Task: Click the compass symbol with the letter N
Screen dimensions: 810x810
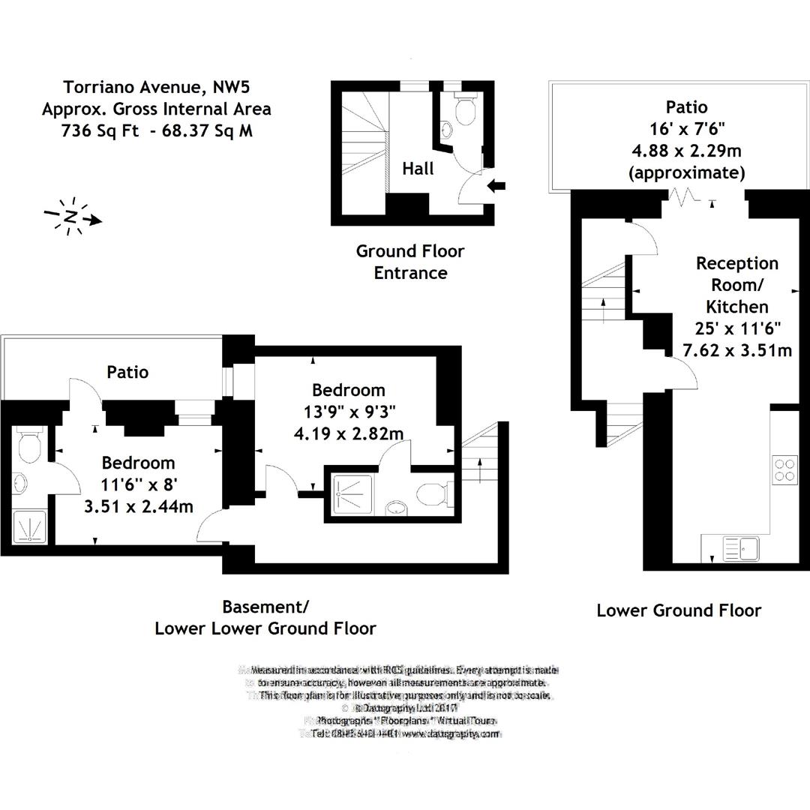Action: (x=72, y=217)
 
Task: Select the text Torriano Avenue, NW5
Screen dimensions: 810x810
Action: (x=156, y=86)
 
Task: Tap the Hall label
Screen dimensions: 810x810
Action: (x=418, y=169)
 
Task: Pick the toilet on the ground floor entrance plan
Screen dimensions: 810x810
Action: (x=465, y=109)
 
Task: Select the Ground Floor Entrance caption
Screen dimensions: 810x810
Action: (x=410, y=262)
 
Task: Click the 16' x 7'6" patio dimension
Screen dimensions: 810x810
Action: (x=686, y=129)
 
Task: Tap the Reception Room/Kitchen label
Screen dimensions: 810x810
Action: (x=737, y=285)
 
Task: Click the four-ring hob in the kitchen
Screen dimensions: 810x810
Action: (x=784, y=469)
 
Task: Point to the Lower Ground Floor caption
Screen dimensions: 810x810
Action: (x=679, y=610)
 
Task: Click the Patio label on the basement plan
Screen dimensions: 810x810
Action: (x=127, y=372)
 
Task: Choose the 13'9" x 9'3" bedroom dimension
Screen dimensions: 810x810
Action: (x=349, y=412)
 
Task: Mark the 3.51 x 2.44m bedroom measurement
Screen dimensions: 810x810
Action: (x=138, y=506)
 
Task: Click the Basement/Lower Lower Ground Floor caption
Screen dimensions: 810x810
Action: (x=265, y=617)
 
